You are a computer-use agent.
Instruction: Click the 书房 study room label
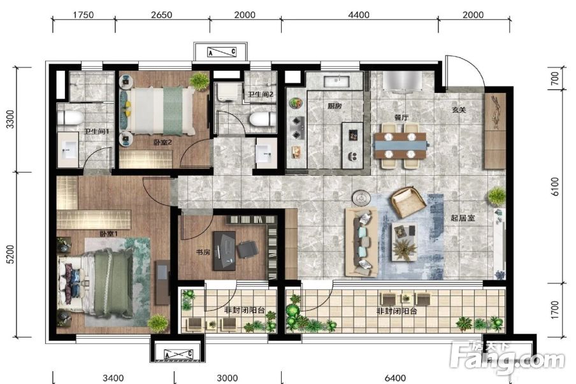click(203, 252)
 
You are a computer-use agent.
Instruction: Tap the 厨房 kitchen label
click(335, 106)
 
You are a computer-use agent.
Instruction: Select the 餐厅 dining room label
click(401, 117)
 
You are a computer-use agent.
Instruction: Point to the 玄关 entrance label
click(459, 110)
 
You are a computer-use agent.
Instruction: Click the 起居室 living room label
click(463, 218)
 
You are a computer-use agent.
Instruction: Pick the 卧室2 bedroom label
click(162, 142)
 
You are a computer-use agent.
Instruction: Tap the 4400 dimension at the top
click(359, 15)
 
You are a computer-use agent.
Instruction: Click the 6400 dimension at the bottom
click(395, 378)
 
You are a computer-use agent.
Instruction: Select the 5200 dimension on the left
click(10, 254)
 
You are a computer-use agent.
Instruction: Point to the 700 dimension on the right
click(555, 78)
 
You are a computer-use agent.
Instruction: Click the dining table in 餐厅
click(400, 146)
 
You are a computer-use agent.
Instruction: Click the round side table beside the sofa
click(361, 199)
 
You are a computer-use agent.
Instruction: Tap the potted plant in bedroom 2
click(199, 81)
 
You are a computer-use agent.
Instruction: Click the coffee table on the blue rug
click(405, 241)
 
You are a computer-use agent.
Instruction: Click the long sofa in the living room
click(361, 242)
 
